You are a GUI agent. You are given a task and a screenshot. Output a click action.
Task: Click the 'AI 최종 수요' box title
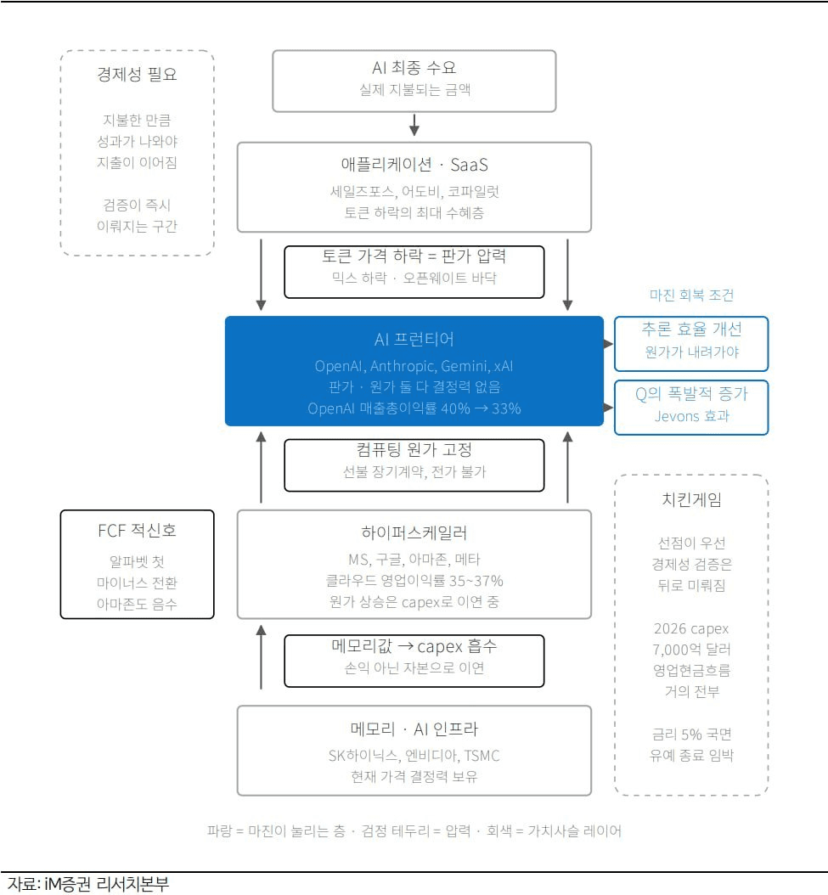click(x=414, y=68)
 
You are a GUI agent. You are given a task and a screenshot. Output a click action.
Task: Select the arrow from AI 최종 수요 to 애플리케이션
click(x=414, y=125)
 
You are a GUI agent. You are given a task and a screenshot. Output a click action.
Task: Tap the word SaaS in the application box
click(x=470, y=165)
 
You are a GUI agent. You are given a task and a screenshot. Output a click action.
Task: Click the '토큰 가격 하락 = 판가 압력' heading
click(x=414, y=256)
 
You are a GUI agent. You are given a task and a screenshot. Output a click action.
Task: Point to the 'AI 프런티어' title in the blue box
click(x=414, y=340)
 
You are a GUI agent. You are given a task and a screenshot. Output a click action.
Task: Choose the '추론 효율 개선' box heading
click(x=691, y=329)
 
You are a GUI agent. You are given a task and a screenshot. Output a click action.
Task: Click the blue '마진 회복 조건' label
click(x=691, y=296)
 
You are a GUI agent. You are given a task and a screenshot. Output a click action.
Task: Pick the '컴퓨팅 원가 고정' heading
click(x=414, y=450)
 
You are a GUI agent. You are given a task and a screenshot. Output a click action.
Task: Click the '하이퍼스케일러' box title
click(x=414, y=533)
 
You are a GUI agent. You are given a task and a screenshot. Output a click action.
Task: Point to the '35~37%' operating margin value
click(x=476, y=581)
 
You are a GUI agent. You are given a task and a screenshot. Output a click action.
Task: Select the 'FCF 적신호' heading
click(x=137, y=531)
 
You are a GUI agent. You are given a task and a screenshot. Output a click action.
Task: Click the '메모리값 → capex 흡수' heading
click(x=414, y=646)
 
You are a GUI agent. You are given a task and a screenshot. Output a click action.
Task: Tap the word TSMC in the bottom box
click(x=482, y=756)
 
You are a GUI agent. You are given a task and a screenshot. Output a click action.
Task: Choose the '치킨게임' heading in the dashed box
click(x=691, y=500)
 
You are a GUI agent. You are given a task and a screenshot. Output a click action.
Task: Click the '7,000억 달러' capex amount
click(x=691, y=650)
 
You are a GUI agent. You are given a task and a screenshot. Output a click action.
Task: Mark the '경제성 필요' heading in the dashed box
click(x=137, y=74)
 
